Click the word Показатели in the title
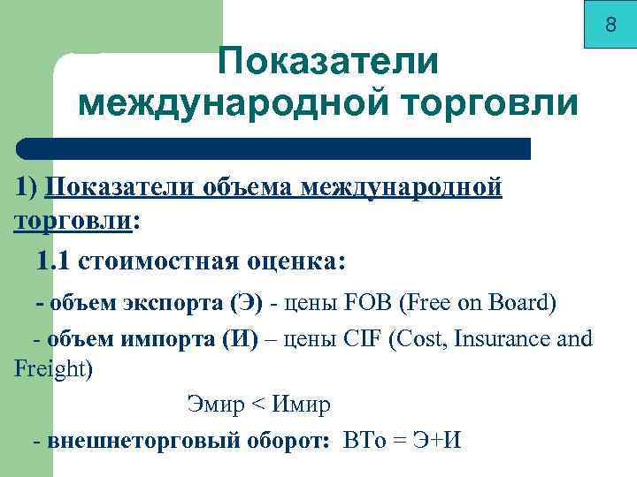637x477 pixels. [328, 62]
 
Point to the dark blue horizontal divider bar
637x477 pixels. [274, 148]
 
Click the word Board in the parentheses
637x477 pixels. [520, 304]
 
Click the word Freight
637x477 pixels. [51, 368]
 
